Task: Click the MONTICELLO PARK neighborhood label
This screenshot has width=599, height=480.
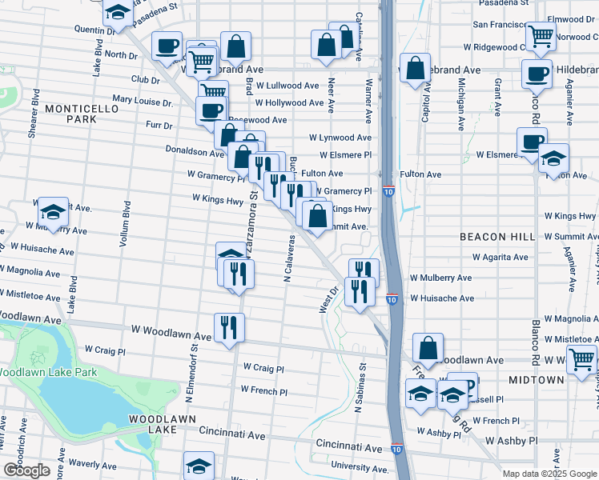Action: (70, 113)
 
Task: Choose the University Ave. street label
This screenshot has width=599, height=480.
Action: (364, 466)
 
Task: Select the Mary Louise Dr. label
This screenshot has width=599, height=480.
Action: (143, 102)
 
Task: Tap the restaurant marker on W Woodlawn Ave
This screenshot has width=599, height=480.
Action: (229, 326)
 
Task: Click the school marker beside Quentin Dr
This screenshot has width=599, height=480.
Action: (119, 13)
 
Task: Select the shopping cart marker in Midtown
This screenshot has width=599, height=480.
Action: (582, 358)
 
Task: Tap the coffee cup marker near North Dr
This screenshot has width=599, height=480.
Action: (167, 46)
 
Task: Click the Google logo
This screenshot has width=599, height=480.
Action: (26, 470)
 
